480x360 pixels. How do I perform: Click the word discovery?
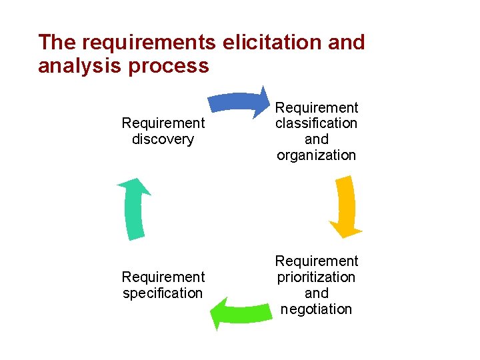[x=163, y=139]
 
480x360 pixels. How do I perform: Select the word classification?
[x=317, y=123]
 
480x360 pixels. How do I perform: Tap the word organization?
[x=317, y=155]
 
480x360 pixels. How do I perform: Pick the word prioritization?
[x=317, y=277]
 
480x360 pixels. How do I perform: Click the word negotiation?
[x=317, y=309]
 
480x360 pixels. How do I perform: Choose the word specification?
[x=163, y=293]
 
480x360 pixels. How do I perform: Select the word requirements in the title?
[x=149, y=42]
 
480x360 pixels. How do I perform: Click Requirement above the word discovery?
[x=163, y=123]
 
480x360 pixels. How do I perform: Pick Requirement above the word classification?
[x=317, y=107]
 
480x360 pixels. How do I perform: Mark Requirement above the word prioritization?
[x=317, y=261]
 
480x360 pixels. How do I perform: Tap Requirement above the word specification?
[x=163, y=277]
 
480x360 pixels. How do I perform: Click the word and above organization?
[x=317, y=139]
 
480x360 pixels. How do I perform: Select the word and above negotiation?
[x=317, y=293]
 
